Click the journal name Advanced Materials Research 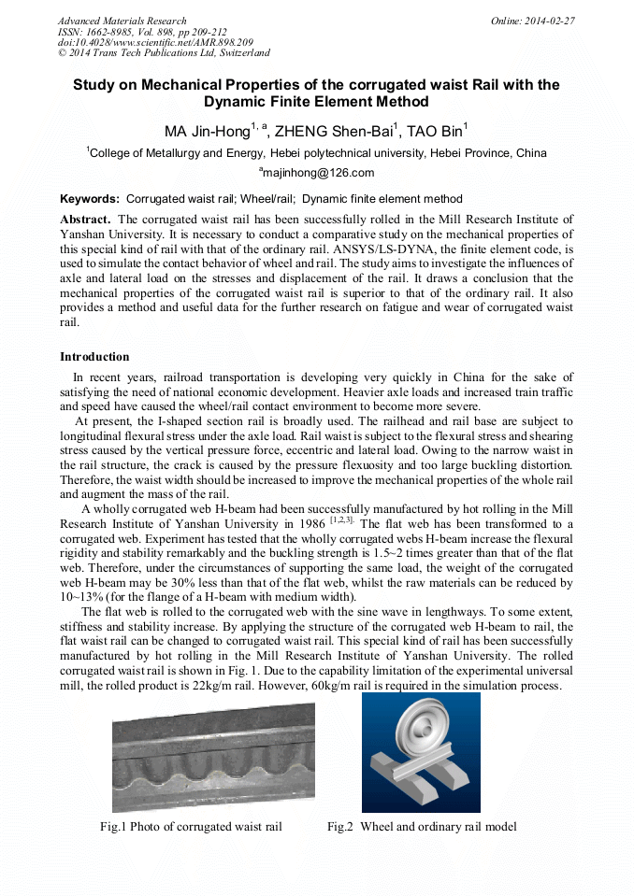[122, 21]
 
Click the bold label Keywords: [90, 199]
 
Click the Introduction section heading [94, 357]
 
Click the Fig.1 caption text [191, 826]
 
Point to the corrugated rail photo [213, 757]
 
